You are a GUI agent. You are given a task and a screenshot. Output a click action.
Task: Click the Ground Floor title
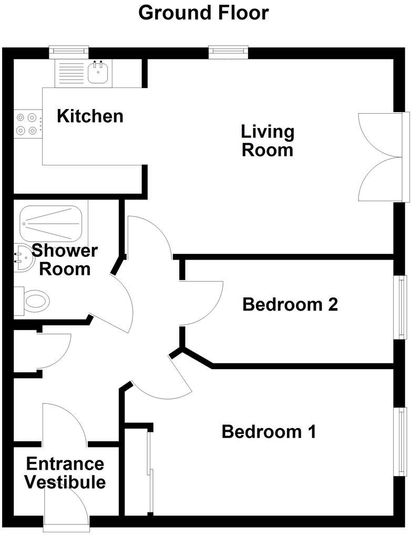(203, 13)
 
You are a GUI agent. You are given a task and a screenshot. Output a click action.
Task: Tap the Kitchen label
(90, 116)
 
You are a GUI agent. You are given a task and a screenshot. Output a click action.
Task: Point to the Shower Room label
(65, 260)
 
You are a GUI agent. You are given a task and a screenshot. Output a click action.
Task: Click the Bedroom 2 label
(290, 304)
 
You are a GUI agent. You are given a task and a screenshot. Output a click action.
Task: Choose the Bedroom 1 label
(269, 432)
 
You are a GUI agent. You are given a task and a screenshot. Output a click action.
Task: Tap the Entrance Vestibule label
(65, 473)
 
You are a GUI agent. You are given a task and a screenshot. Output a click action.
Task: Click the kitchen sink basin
(97, 74)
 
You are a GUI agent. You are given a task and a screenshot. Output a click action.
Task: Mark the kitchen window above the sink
(69, 51)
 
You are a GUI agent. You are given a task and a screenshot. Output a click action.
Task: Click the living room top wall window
(228, 51)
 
